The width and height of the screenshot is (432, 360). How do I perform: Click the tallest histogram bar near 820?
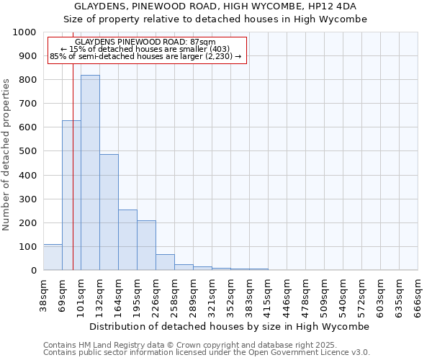(90, 173)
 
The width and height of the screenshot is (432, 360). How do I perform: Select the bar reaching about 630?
(71, 195)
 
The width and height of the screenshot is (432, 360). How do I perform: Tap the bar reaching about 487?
(109, 212)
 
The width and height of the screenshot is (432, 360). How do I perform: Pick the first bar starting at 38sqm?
(53, 257)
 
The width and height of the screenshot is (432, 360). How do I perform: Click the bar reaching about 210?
(146, 246)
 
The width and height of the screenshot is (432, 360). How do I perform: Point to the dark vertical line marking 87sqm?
(73, 144)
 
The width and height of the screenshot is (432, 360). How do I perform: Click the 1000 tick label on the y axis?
(24, 32)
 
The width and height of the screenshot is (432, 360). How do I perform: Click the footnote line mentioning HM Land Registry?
(179, 345)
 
